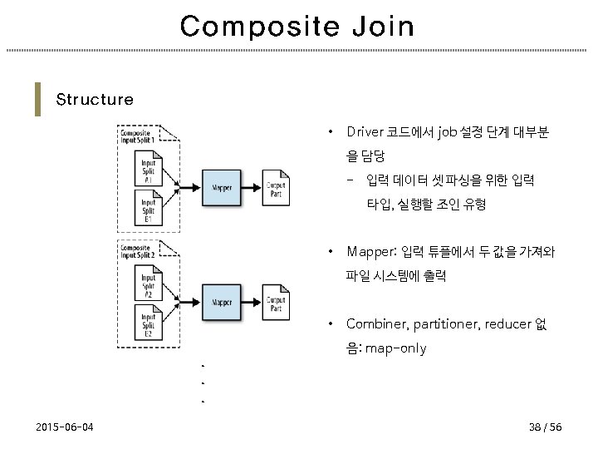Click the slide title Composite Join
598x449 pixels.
click(x=297, y=27)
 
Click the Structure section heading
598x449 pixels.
click(x=95, y=100)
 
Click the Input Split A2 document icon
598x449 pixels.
click(x=149, y=284)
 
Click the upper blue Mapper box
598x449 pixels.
click(x=221, y=188)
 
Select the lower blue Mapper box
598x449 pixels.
click(x=221, y=302)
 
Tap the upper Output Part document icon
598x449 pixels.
click(x=276, y=189)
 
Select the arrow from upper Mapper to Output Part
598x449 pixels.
click(x=252, y=188)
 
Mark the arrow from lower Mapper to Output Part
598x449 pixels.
click(x=252, y=302)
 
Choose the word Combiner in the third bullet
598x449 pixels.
click(x=375, y=323)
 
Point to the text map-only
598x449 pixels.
click(x=395, y=348)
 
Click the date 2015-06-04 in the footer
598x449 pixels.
click(x=65, y=427)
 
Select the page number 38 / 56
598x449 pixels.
click(x=545, y=427)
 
